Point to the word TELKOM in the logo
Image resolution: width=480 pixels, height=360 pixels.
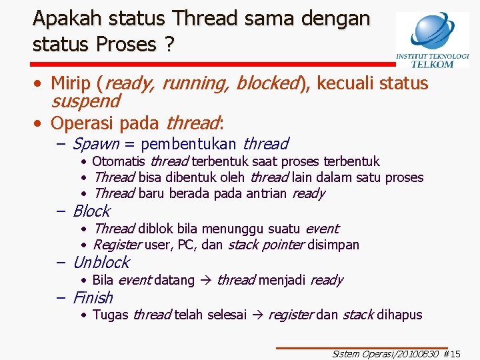pyautogui.click(x=432, y=64)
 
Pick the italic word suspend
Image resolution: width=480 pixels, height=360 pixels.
pyautogui.click(x=85, y=102)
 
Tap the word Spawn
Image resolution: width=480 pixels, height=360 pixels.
pyautogui.click(x=95, y=144)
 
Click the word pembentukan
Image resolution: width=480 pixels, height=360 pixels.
pyautogui.click(x=189, y=144)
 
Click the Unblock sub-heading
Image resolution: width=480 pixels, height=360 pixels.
pyautogui.click(x=101, y=263)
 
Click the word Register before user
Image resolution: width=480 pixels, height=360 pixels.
pyautogui.click(x=117, y=245)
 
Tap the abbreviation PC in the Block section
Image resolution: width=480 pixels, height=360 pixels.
pyautogui.click(x=185, y=245)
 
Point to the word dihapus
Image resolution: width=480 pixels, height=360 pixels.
pyautogui.click(x=399, y=315)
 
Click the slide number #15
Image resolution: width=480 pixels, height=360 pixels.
pyautogui.click(x=452, y=355)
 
